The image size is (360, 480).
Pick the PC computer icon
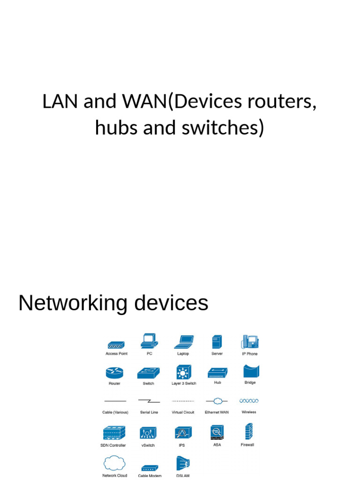pyautogui.click(x=149, y=341)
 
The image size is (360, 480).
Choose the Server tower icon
pyautogui.click(x=217, y=342)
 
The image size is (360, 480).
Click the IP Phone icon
pyautogui.click(x=250, y=342)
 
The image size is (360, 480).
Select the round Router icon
pyautogui.click(x=114, y=373)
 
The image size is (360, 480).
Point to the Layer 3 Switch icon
pyautogui.click(x=183, y=372)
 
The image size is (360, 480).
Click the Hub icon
pyautogui.click(x=217, y=373)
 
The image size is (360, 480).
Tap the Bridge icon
pyautogui.click(x=250, y=371)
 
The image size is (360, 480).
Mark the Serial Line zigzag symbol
pyautogui.click(x=149, y=401)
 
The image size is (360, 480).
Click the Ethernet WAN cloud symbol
pyautogui.click(x=217, y=401)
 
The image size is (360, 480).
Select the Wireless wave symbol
pyautogui.click(x=249, y=401)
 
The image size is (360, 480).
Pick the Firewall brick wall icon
pyautogui.click(x=247, y=431)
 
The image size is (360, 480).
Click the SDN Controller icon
pyautogui.click(x=113, y=433)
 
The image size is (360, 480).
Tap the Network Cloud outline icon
pyautogui.click(x=114, y=464)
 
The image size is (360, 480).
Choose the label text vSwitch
pyautogui.click(x=148, y=445)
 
